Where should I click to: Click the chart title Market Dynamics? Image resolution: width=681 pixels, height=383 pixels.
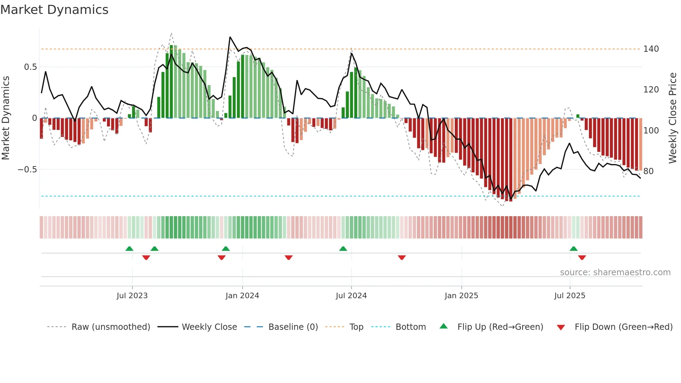click(55, 10)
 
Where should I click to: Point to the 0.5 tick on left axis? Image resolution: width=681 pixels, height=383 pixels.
click(30, 67)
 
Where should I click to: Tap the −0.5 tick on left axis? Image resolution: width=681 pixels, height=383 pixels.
click(27, 170)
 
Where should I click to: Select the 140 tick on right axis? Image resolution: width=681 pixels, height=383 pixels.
click(651, 49)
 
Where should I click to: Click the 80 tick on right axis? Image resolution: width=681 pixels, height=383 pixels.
click(648, 171)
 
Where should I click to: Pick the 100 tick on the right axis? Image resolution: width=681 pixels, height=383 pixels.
click(651, 131)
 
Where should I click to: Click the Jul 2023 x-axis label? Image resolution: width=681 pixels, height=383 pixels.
click(132, 296)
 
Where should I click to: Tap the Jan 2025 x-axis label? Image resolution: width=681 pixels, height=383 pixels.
click(461, 296)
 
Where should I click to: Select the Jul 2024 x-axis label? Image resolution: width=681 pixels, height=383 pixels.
click(351, 296)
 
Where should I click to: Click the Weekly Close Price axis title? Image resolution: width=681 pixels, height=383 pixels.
click(673, 118)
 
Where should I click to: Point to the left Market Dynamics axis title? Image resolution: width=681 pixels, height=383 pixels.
click(6, 118)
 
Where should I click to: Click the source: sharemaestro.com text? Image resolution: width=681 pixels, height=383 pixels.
click(615, 272)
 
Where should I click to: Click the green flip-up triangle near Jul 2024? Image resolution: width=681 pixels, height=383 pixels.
click(343, 249)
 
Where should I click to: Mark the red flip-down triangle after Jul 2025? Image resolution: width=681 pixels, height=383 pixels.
click(582, 258)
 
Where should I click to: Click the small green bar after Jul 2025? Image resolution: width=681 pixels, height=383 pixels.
click(578, 116)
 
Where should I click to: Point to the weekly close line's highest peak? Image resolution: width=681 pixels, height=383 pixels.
click(230, 37)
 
